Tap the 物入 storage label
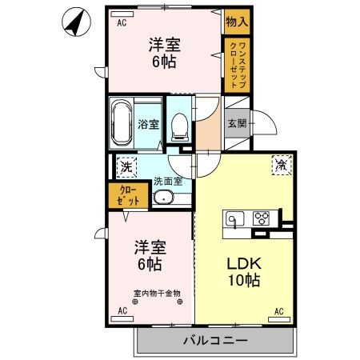(237, 22)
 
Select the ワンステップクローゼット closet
(237, 66)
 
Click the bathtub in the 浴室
(122, 123)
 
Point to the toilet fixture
(179, 127)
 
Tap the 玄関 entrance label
(237, 123)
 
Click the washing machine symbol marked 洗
(126, 167)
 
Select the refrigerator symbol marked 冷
(282, 166)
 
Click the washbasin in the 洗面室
(163, 198)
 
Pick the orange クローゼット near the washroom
(128, 195)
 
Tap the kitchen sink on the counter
(234, 218)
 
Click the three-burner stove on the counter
(261, 218)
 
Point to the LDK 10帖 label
(244, 272)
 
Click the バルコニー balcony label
(215, 341)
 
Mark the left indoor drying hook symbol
(135, 302)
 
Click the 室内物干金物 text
(157, 294)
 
